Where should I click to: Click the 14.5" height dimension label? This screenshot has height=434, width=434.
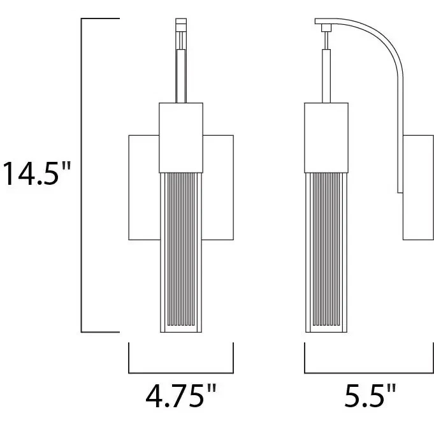(37, 173)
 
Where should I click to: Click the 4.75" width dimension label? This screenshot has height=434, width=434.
(181, 397)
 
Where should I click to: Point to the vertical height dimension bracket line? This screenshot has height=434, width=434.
(82, 175)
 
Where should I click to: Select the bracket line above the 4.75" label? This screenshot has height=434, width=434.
(181, 372)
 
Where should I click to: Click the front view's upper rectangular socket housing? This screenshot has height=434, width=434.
(181, 136)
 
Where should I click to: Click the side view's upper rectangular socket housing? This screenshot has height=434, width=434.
(326, 136)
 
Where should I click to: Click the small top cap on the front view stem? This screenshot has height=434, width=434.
(181, 25)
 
